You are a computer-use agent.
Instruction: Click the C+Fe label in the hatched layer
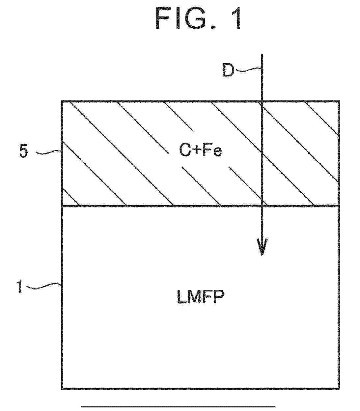click(201, 151)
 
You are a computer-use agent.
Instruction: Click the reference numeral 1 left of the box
click(19, 287)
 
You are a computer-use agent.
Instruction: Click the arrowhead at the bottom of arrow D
click(262, 247)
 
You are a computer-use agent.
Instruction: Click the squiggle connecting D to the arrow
click(249, 70)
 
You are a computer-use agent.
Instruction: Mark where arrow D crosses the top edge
click(262, 101)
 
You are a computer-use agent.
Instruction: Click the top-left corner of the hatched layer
click(62, 101)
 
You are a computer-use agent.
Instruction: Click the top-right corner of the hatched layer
click(339, 101)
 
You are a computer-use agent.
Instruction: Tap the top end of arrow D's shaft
click(262, 54)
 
